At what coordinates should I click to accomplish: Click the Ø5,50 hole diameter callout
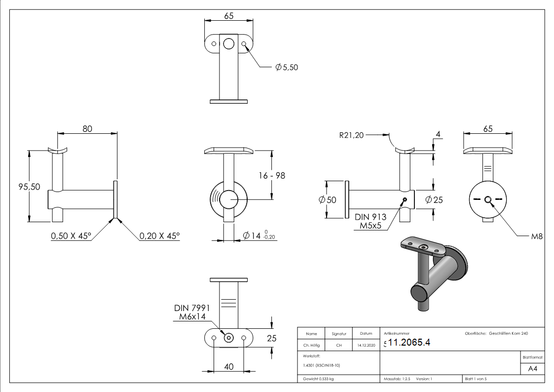(287, 67)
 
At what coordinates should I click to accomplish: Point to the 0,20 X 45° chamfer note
(159, 236)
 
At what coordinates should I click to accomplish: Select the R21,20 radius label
(351, 134)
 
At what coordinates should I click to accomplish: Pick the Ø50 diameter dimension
(328, 200)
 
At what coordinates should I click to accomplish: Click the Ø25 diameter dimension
(435, 200)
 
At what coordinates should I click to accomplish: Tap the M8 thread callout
(536, 237)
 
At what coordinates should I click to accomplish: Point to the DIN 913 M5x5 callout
(370, 221)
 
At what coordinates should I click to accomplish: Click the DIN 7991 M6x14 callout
(192, 312)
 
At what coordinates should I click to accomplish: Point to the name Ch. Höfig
(312, 345)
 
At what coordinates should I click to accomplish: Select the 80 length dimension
(87, 129)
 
